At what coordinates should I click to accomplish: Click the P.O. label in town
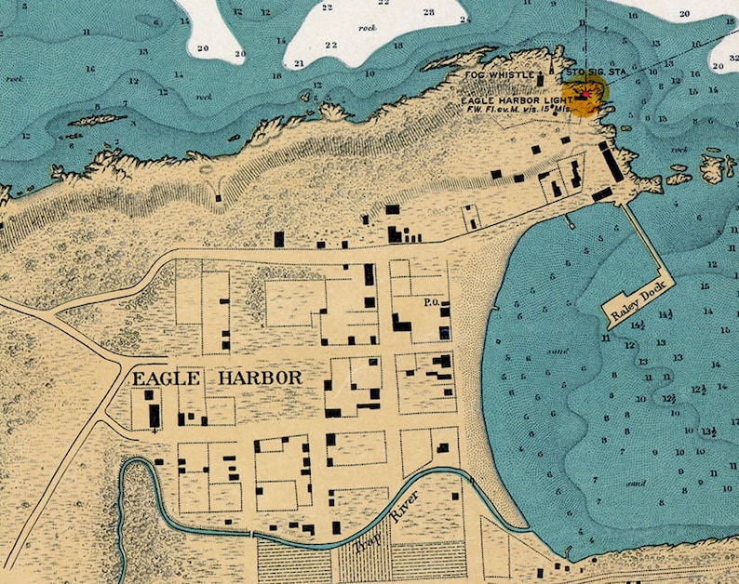pyautogui.click(x=430, y=302)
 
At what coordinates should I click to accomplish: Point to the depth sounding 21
pyautogui.click(x=299, y=63)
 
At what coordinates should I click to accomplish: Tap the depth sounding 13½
pyautogui.click(x=709, y=431)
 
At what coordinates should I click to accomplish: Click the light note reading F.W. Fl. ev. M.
pyautogui.click(x=508, y=108)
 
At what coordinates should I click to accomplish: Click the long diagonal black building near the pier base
pyautogui.click(x=612, y=166)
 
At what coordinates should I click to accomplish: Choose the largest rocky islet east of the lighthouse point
pyautogui.click(x=717, y=167)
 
